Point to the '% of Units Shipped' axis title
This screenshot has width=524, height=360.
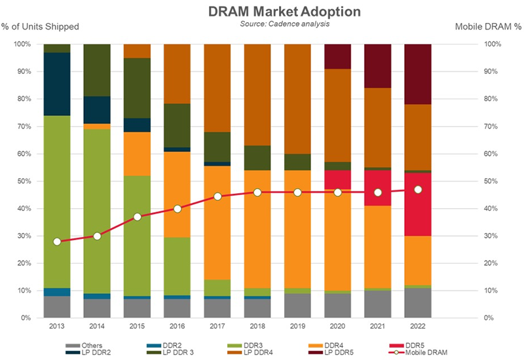click(40, 27)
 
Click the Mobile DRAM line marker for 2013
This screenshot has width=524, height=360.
click(57, 242)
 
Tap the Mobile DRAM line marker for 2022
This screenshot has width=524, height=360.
click(418, 190)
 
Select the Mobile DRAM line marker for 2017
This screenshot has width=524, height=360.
click(217, 196)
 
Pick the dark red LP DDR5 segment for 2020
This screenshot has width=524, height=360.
click(337, 56)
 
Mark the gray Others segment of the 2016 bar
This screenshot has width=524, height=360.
click(177, 308)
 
